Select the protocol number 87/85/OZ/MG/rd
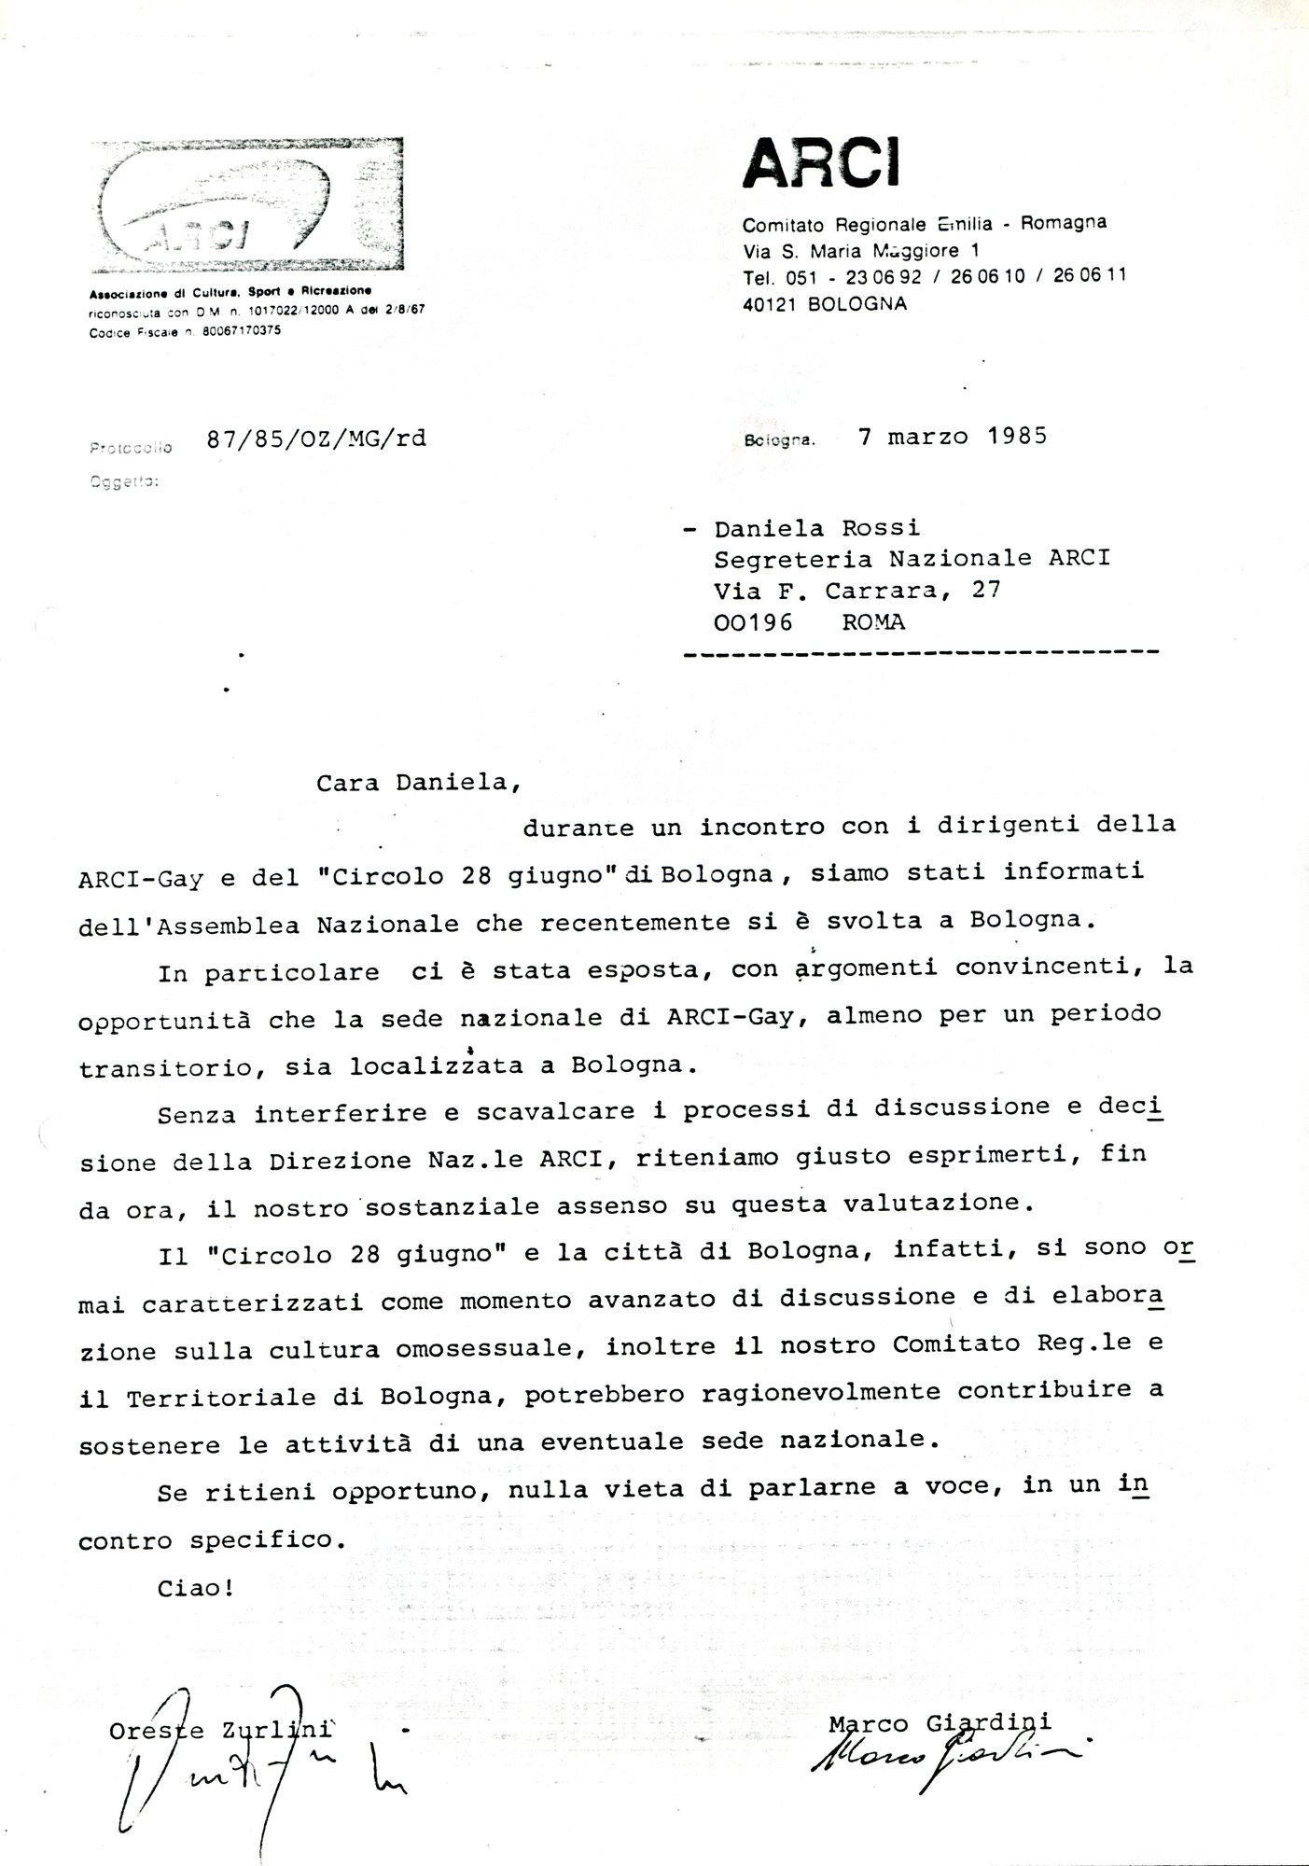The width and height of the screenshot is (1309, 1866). click(x=316, y=439)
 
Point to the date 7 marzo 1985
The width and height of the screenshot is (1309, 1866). click(x=953, y=436)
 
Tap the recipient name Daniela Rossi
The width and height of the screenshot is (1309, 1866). click(x=816, y=528)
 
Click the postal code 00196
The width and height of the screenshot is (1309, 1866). click(x=752, y=621)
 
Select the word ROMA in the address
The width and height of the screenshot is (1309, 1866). click(x=873, y=621)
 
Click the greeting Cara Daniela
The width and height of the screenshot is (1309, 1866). click(x=417, y=782)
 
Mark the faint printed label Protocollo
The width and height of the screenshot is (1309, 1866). click(x=132, y=448)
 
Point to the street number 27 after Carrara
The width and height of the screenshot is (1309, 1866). click(x=986, y=590)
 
